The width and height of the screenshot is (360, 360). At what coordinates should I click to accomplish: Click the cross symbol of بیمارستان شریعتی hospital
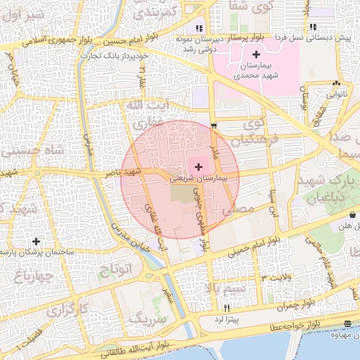tap(199, 167)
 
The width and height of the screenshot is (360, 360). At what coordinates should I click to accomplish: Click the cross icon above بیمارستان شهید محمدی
tap(255, 54)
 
